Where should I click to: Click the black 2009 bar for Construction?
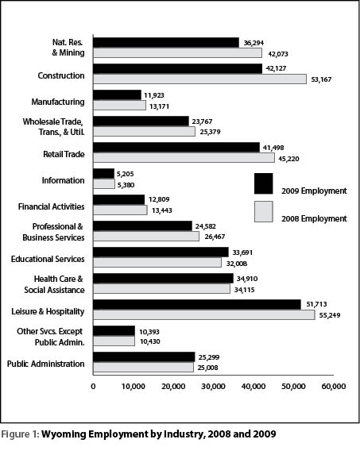pos(177,69)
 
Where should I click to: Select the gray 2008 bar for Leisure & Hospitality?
pos(204,314)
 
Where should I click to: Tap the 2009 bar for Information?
pos(103,173)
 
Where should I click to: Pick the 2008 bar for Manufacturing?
pos(119,105)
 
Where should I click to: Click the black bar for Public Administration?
pos(144,357)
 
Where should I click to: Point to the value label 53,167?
pos(321,79)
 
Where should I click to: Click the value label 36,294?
pos(254,43)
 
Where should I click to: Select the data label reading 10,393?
pos(149,332)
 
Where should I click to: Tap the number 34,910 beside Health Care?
pos(247,279)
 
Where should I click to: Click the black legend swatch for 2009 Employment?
pos(264,183)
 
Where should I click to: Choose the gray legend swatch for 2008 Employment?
pos(264,211)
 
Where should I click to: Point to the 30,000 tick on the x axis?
pos(213,386)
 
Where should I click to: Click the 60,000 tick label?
pos(334,386)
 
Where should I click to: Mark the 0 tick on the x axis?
pos(93,386)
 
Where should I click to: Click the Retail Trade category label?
pos(64,155)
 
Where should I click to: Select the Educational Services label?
pos(48,259)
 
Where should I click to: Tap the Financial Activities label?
pos(51,206)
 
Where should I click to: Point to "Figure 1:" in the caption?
pos(20,434)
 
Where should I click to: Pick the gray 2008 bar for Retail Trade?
pos(184,158)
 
